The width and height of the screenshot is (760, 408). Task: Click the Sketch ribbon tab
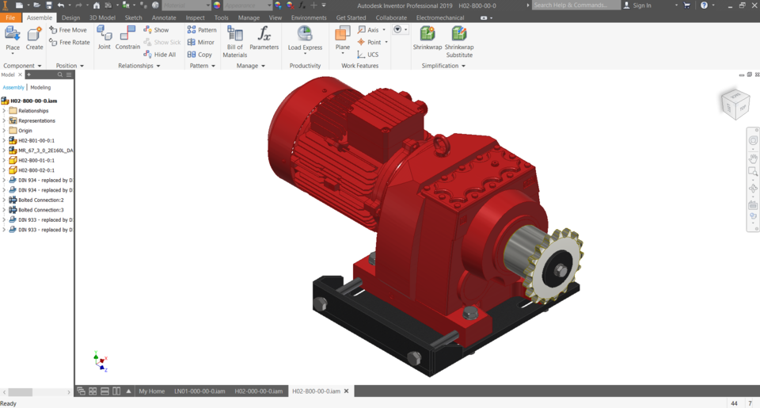tap(133, 17)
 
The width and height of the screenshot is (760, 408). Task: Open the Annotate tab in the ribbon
tap(164, 17)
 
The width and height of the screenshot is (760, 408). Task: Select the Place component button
tap(13, 38)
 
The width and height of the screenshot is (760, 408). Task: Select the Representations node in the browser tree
tap(36, 120)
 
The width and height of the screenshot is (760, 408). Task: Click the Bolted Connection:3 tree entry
tap(40, 210)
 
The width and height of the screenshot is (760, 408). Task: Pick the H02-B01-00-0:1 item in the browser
tap(36, 140)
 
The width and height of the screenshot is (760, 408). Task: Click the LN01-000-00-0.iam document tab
tap(199, 391)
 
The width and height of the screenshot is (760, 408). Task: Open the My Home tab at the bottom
tap(151, 391)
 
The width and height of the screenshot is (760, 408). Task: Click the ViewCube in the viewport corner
tap(734, 103)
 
